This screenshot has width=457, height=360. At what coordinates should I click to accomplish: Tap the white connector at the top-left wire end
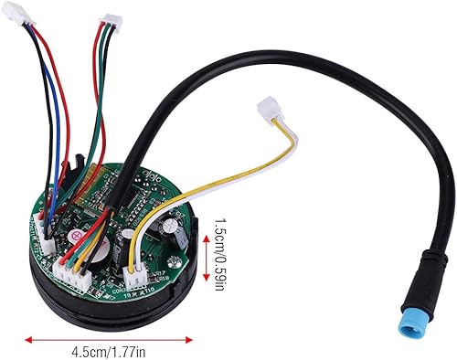pyautogui.click(x=34, y=16)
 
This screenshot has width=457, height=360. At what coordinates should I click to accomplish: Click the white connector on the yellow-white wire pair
pyautogui.click(x=271, y=110)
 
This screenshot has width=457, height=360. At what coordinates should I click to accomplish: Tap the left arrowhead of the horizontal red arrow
pyautogui.click(x=29, y=339)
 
